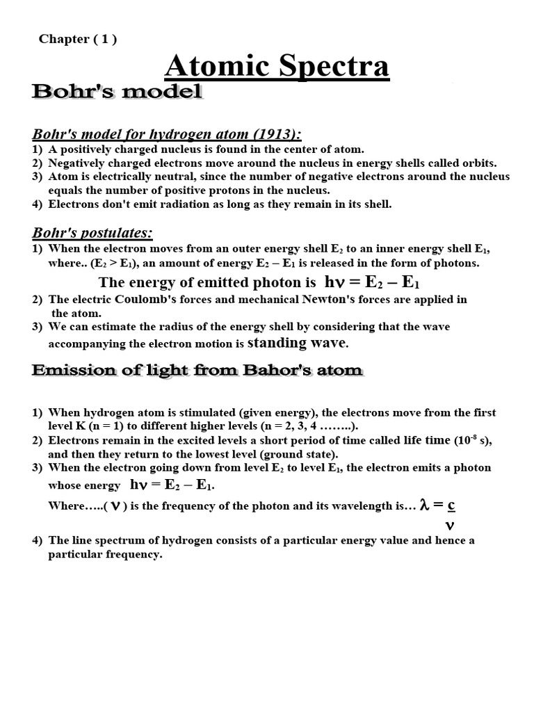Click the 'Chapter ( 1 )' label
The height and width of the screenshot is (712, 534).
pyautogui.click(x=78, y=39)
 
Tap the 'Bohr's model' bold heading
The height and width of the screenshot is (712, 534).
pyautogui.click(x=117, y=92)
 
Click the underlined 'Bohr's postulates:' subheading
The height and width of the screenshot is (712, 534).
pyautogui.click(x=92, y=232)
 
